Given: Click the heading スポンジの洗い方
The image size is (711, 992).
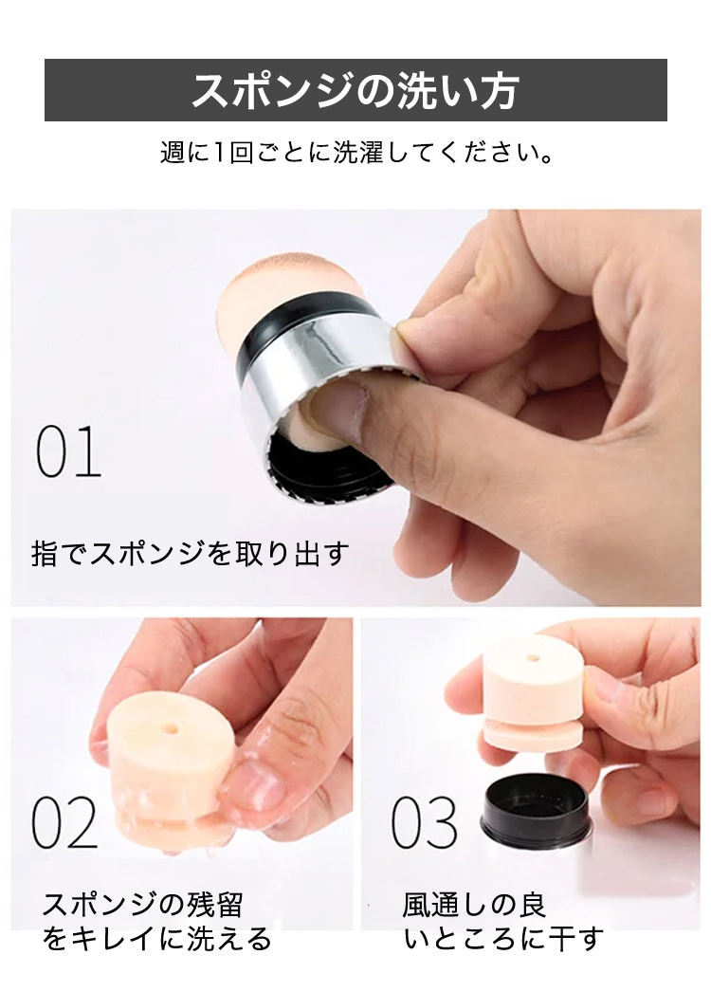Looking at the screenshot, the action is coord(355,90).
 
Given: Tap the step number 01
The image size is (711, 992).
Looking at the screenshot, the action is coord(68,452).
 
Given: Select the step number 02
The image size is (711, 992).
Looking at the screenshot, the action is coord(64,821).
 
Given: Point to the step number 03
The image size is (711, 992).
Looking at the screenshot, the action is coord(425,822).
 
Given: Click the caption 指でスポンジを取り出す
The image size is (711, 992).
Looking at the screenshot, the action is coord(190,554).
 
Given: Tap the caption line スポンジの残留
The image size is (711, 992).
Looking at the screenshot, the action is coord(142,905).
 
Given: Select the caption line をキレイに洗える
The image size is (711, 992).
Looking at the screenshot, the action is coord(156,939).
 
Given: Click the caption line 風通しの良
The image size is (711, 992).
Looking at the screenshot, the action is coord(474,905).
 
